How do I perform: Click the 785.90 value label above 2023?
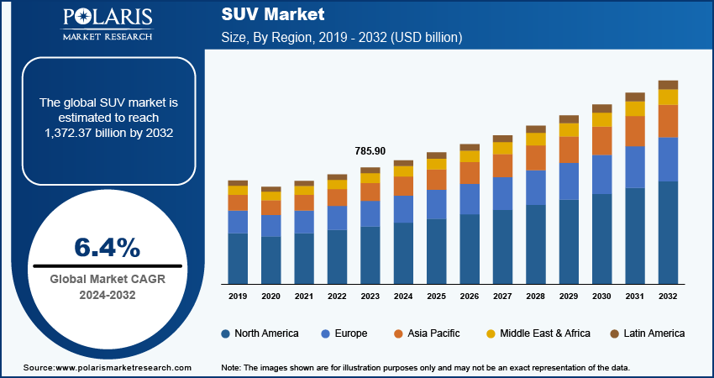[x=370, y=151]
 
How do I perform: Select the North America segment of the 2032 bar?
[x=668, y=233]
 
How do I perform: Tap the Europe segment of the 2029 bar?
[x=570, y=181]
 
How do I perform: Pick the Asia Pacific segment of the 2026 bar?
[x=470, y=173]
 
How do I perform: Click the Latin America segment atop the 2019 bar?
[x=238, y=183]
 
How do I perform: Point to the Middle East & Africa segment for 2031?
[x=635, y=109]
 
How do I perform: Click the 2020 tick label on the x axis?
[x=270, y=297]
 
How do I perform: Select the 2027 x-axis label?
[x=502, y=297]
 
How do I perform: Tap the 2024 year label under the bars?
[x=403, y=297]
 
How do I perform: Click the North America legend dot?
[x=226, y=333]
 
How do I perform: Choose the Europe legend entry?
[x=344, y=333]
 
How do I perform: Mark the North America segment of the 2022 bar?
[x=337, y=256]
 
